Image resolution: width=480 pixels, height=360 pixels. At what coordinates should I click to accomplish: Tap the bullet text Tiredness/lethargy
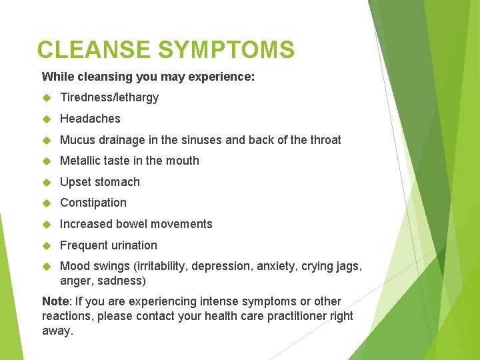click(x=109, y=97)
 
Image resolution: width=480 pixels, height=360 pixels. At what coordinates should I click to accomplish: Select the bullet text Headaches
click(x=90, y=119)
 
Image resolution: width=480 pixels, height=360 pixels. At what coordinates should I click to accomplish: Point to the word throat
click(x=325, y=140)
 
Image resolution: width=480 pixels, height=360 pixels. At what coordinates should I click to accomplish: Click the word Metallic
click(x=80, y=161)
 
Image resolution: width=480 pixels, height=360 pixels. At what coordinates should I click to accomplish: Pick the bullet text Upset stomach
click(x=100, y=182)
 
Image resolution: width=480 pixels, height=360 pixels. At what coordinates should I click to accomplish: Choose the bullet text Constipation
click(x=93, y=203)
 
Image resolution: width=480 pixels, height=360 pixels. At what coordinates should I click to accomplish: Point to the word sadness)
click(x=123, y=281)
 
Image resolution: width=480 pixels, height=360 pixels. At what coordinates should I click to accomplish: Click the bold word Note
click(x=55, y=301)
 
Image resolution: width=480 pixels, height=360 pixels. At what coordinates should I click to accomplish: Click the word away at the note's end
click(x=57, y=331)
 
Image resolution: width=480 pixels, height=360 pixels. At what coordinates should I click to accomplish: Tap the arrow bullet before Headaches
click(x=47, y=119)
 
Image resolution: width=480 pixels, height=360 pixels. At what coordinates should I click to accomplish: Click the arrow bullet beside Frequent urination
click(x=47, y=245)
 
